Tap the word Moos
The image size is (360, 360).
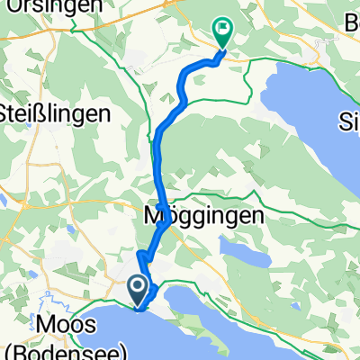click(x=63, y=323)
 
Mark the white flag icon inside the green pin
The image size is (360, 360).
click(x=222, y=30)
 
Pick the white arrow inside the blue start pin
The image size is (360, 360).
click(x=138, y=288)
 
